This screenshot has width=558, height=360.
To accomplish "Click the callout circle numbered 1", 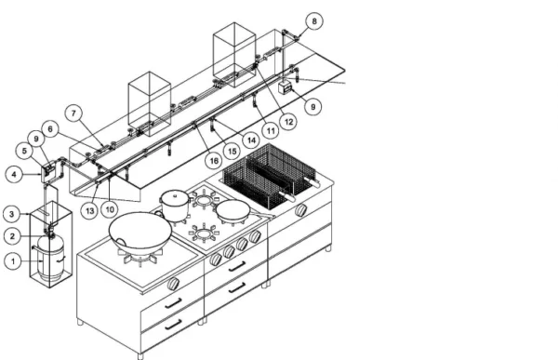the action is tap(13, 261).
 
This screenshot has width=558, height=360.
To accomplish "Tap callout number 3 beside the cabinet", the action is tap(12, 214).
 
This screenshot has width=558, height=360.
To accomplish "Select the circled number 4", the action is tap(14, 175).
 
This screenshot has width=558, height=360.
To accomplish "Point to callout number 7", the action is tap(73, 113).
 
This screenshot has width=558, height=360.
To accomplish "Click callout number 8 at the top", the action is tap(314, 21).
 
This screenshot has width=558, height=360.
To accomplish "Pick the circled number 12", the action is tap(288, 122).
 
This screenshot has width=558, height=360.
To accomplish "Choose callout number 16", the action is tap(214, 161).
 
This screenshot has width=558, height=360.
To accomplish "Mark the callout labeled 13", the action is tap(89, 211).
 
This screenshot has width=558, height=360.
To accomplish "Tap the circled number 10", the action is tap(110, 209).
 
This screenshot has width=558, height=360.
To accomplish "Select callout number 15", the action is tap(232, 152).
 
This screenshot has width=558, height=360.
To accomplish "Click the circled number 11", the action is tap(271, 131).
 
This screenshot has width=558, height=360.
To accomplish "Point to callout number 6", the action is tap(50, 129).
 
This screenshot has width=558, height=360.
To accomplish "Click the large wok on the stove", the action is tap(140, 231).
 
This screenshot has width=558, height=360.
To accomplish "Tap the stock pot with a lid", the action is tap(175, 206).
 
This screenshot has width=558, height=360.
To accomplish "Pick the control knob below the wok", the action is tap(173, 283).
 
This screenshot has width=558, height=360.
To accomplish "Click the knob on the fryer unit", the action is tap(301, 210).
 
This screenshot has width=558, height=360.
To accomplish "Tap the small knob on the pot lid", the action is tap(175, 194).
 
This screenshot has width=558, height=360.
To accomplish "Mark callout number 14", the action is tap(251, 140).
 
